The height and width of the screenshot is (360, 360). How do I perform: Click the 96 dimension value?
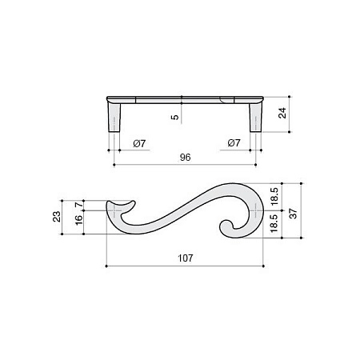point(185,158)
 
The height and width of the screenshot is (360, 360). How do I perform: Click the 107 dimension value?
point(186,258)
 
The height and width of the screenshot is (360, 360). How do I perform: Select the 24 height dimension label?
point(282,113)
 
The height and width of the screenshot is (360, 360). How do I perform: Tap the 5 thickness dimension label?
point(174,117)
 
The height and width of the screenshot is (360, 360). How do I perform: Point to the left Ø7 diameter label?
point(139,143)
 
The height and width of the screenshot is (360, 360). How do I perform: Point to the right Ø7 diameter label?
point(234,143)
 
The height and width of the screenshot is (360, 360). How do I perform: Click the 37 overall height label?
point(294,214)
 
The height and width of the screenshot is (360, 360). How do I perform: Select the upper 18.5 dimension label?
point(274,196)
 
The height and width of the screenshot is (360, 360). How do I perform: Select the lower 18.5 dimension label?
point(274,223)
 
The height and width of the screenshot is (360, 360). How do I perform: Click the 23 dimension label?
point(57,217)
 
